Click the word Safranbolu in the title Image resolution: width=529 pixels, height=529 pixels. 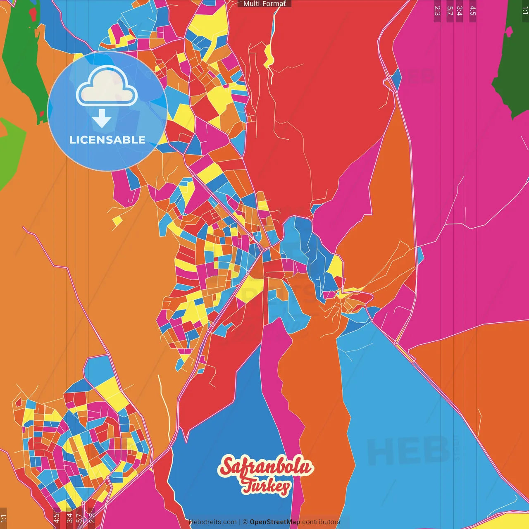click(265, 467)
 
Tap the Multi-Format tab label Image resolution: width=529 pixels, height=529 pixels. click(264, 4)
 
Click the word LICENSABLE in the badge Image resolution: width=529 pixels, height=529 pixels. click(107, 140)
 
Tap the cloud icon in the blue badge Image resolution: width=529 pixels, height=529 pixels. click(107, 86)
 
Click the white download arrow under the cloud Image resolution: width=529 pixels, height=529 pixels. click(102, 119)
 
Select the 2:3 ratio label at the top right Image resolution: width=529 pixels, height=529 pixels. click(437, 11)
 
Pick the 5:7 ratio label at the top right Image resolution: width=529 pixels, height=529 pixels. click(450, 11)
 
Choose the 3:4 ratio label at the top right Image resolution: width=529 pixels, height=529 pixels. click(460, 11)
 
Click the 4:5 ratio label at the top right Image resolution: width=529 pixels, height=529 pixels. click(473, 11)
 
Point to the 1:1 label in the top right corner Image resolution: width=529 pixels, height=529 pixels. click(525, 11)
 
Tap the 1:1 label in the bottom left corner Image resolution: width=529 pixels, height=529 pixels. click(3, 518)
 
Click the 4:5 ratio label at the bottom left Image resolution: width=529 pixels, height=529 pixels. click(57, 518)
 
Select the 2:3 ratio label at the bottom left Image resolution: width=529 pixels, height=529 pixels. click(92, 518)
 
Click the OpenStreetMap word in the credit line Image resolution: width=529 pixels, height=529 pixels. click(274, 522)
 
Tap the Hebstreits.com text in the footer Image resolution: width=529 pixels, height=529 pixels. click(213, 522)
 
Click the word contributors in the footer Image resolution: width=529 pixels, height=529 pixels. click(321, 522)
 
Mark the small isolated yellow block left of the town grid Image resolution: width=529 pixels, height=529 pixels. click(117, 222)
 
